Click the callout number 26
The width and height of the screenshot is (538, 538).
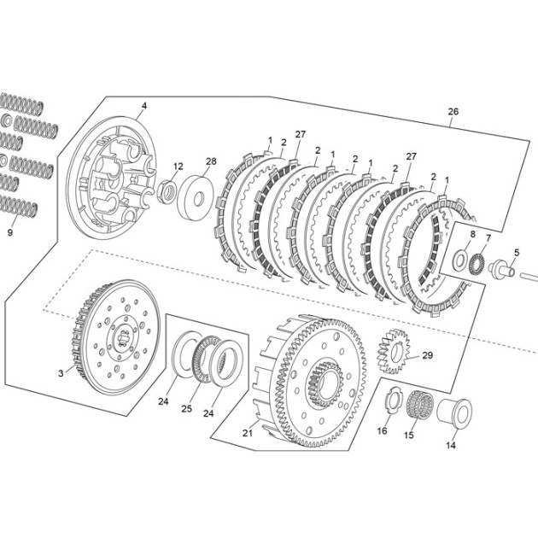[453, 112]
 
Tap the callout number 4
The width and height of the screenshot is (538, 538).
[144, 106]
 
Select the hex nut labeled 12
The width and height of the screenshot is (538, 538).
[167, 192]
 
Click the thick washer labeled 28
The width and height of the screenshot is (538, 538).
[196, 197]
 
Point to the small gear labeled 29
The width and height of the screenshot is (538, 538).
[394, 351]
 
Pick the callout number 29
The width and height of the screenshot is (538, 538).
[428, 355]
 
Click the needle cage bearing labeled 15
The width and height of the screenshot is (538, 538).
[419, 406]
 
